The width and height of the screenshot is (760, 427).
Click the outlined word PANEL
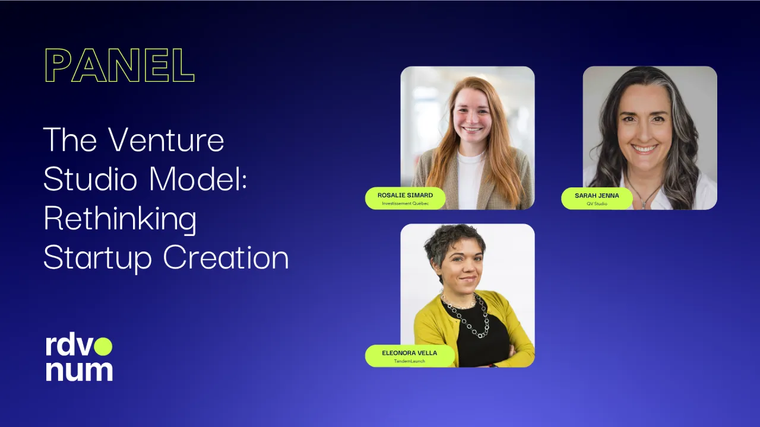[119, 65]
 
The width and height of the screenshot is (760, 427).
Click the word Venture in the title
[166, 139]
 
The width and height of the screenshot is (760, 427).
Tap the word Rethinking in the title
[120, 218]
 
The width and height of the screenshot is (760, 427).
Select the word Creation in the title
[226, 257]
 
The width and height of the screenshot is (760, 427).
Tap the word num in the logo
[80, 371]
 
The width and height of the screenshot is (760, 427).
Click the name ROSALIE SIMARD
[405, 195]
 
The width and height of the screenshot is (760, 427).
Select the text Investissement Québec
[405, 203]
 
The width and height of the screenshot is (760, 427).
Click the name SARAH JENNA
[597, 196]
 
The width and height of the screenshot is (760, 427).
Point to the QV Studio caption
[597, 203]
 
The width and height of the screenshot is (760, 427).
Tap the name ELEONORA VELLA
[410, 353]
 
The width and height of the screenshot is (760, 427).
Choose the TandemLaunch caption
[410, 361]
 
